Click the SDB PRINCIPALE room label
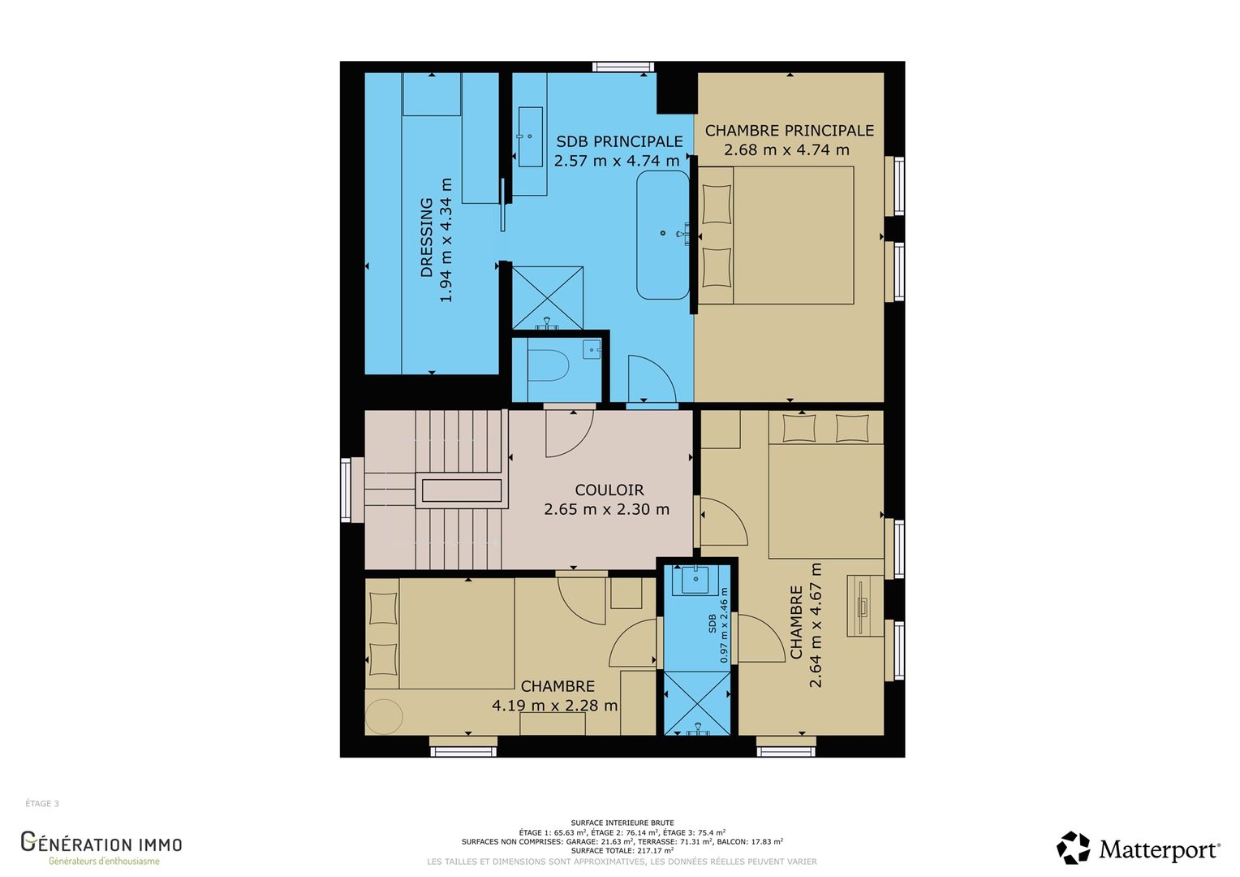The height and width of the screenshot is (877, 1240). pos(619,142)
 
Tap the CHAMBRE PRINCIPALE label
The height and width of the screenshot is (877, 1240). pos(790,131)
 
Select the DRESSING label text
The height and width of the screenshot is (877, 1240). pos(426,237)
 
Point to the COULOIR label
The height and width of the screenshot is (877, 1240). pos(609,490)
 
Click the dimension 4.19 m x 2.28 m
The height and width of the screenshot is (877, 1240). pos(555,706)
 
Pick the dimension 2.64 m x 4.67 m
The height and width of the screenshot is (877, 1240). pos(816,625)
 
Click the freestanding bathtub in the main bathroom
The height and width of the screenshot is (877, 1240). pos(663,235)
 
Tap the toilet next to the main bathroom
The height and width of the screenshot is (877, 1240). pos(549,365)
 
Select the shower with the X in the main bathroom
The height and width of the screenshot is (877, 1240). pos(548,298)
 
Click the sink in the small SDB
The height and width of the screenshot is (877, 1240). pos(695,580)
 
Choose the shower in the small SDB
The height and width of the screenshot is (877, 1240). pos(697,703)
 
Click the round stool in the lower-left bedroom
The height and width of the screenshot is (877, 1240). pos(384,717)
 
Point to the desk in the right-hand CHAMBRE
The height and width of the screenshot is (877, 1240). pos(865,606)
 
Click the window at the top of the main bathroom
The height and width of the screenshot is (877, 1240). pos(623,67)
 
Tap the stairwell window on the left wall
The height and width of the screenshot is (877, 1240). pos(346,490)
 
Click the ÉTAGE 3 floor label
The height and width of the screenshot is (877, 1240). pos(42,803)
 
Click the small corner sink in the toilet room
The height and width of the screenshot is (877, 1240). pos(592,349)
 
